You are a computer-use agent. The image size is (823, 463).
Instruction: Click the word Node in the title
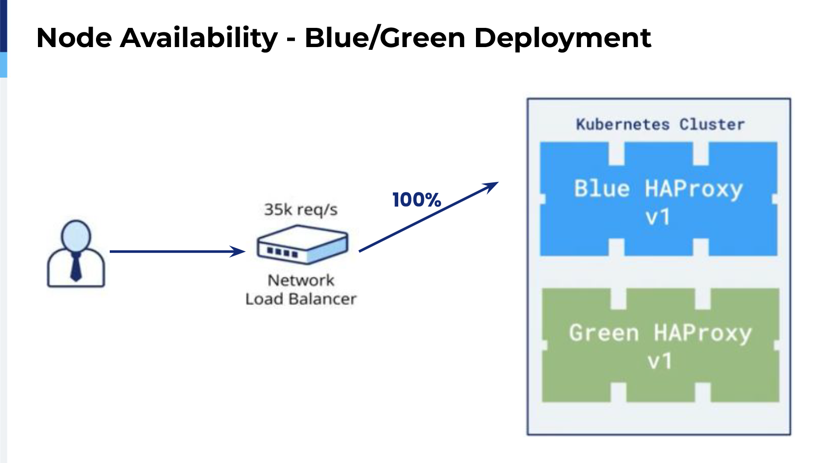coord(74,37)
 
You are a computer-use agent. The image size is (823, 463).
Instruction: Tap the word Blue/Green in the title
coord(385,37)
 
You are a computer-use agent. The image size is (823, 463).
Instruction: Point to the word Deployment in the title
coord(563,38)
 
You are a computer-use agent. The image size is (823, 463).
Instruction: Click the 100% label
coord(417,200)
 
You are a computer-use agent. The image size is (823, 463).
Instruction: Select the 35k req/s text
coord(301,209)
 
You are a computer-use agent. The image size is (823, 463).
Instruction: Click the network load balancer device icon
coord(302,245)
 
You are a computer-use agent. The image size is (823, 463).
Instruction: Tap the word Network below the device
coord(301,280)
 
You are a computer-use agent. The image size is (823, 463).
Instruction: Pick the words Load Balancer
coord(301,299)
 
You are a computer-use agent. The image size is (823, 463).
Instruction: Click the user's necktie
coord(76,267)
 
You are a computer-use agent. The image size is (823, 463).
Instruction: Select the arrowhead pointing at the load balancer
coord(238,251)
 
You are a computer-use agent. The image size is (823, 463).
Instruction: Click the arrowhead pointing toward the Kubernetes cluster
coord(490,186)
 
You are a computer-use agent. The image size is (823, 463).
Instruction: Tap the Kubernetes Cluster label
coord(660,124)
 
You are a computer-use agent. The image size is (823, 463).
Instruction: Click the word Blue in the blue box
coord(602,189)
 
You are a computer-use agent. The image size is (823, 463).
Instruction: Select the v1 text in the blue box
coord(658,217)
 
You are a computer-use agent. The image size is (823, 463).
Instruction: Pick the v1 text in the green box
coord(660,362)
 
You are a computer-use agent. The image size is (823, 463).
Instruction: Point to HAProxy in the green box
coord(703,334)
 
